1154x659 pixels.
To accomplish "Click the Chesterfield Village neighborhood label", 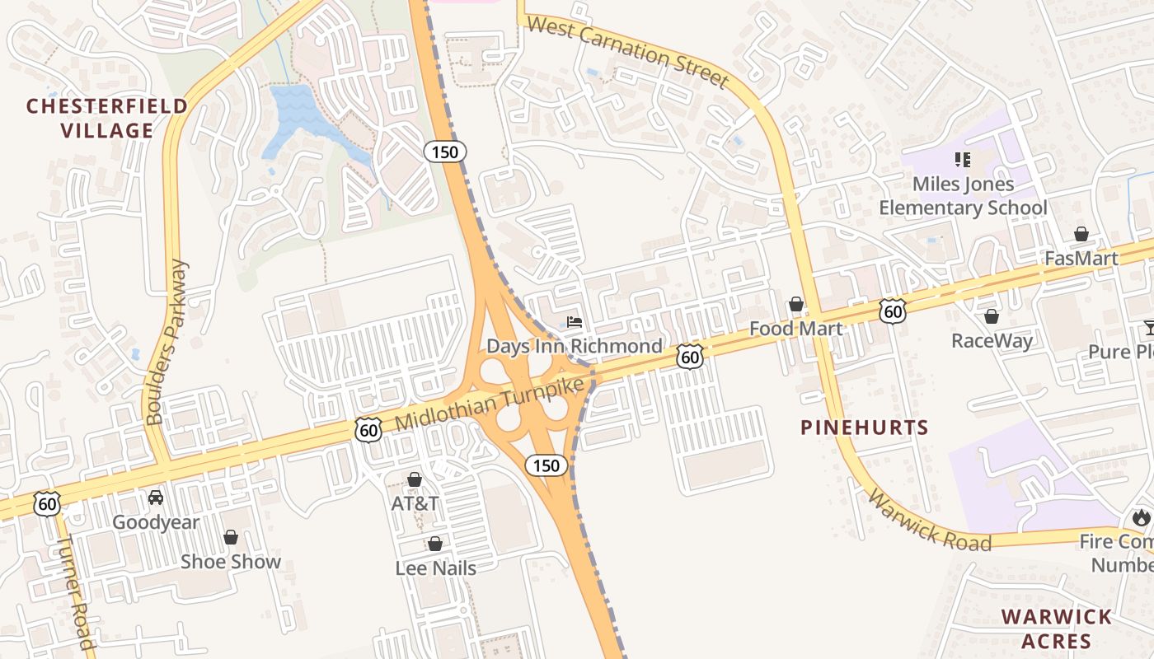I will pos(106,118).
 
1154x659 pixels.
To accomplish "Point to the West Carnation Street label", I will pos(628,52).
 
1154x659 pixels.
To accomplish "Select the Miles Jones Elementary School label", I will pos(963,195).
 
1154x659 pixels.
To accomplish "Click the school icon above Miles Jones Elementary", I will pos(962,159).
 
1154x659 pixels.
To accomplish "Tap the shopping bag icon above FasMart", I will pos(1081,235).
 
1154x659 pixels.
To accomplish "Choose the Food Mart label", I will pos(795,329).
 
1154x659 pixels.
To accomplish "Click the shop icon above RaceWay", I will pos(992,316).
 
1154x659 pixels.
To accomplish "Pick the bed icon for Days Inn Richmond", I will pos(575,321).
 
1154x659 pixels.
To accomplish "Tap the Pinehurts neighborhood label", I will pos(865,428).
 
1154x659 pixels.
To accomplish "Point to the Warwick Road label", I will pos(929,521).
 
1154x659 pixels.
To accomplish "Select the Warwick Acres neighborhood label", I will pos(1056,629).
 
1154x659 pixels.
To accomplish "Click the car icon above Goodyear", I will pos(156,498).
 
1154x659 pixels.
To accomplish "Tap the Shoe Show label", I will pos(231,562).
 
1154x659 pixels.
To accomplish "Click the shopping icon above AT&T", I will pos(415,479).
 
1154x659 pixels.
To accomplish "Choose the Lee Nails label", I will pos(435,567).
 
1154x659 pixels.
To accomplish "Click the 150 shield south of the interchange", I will pos(546,465).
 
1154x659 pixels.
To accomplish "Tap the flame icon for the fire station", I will pos(1141,517).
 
